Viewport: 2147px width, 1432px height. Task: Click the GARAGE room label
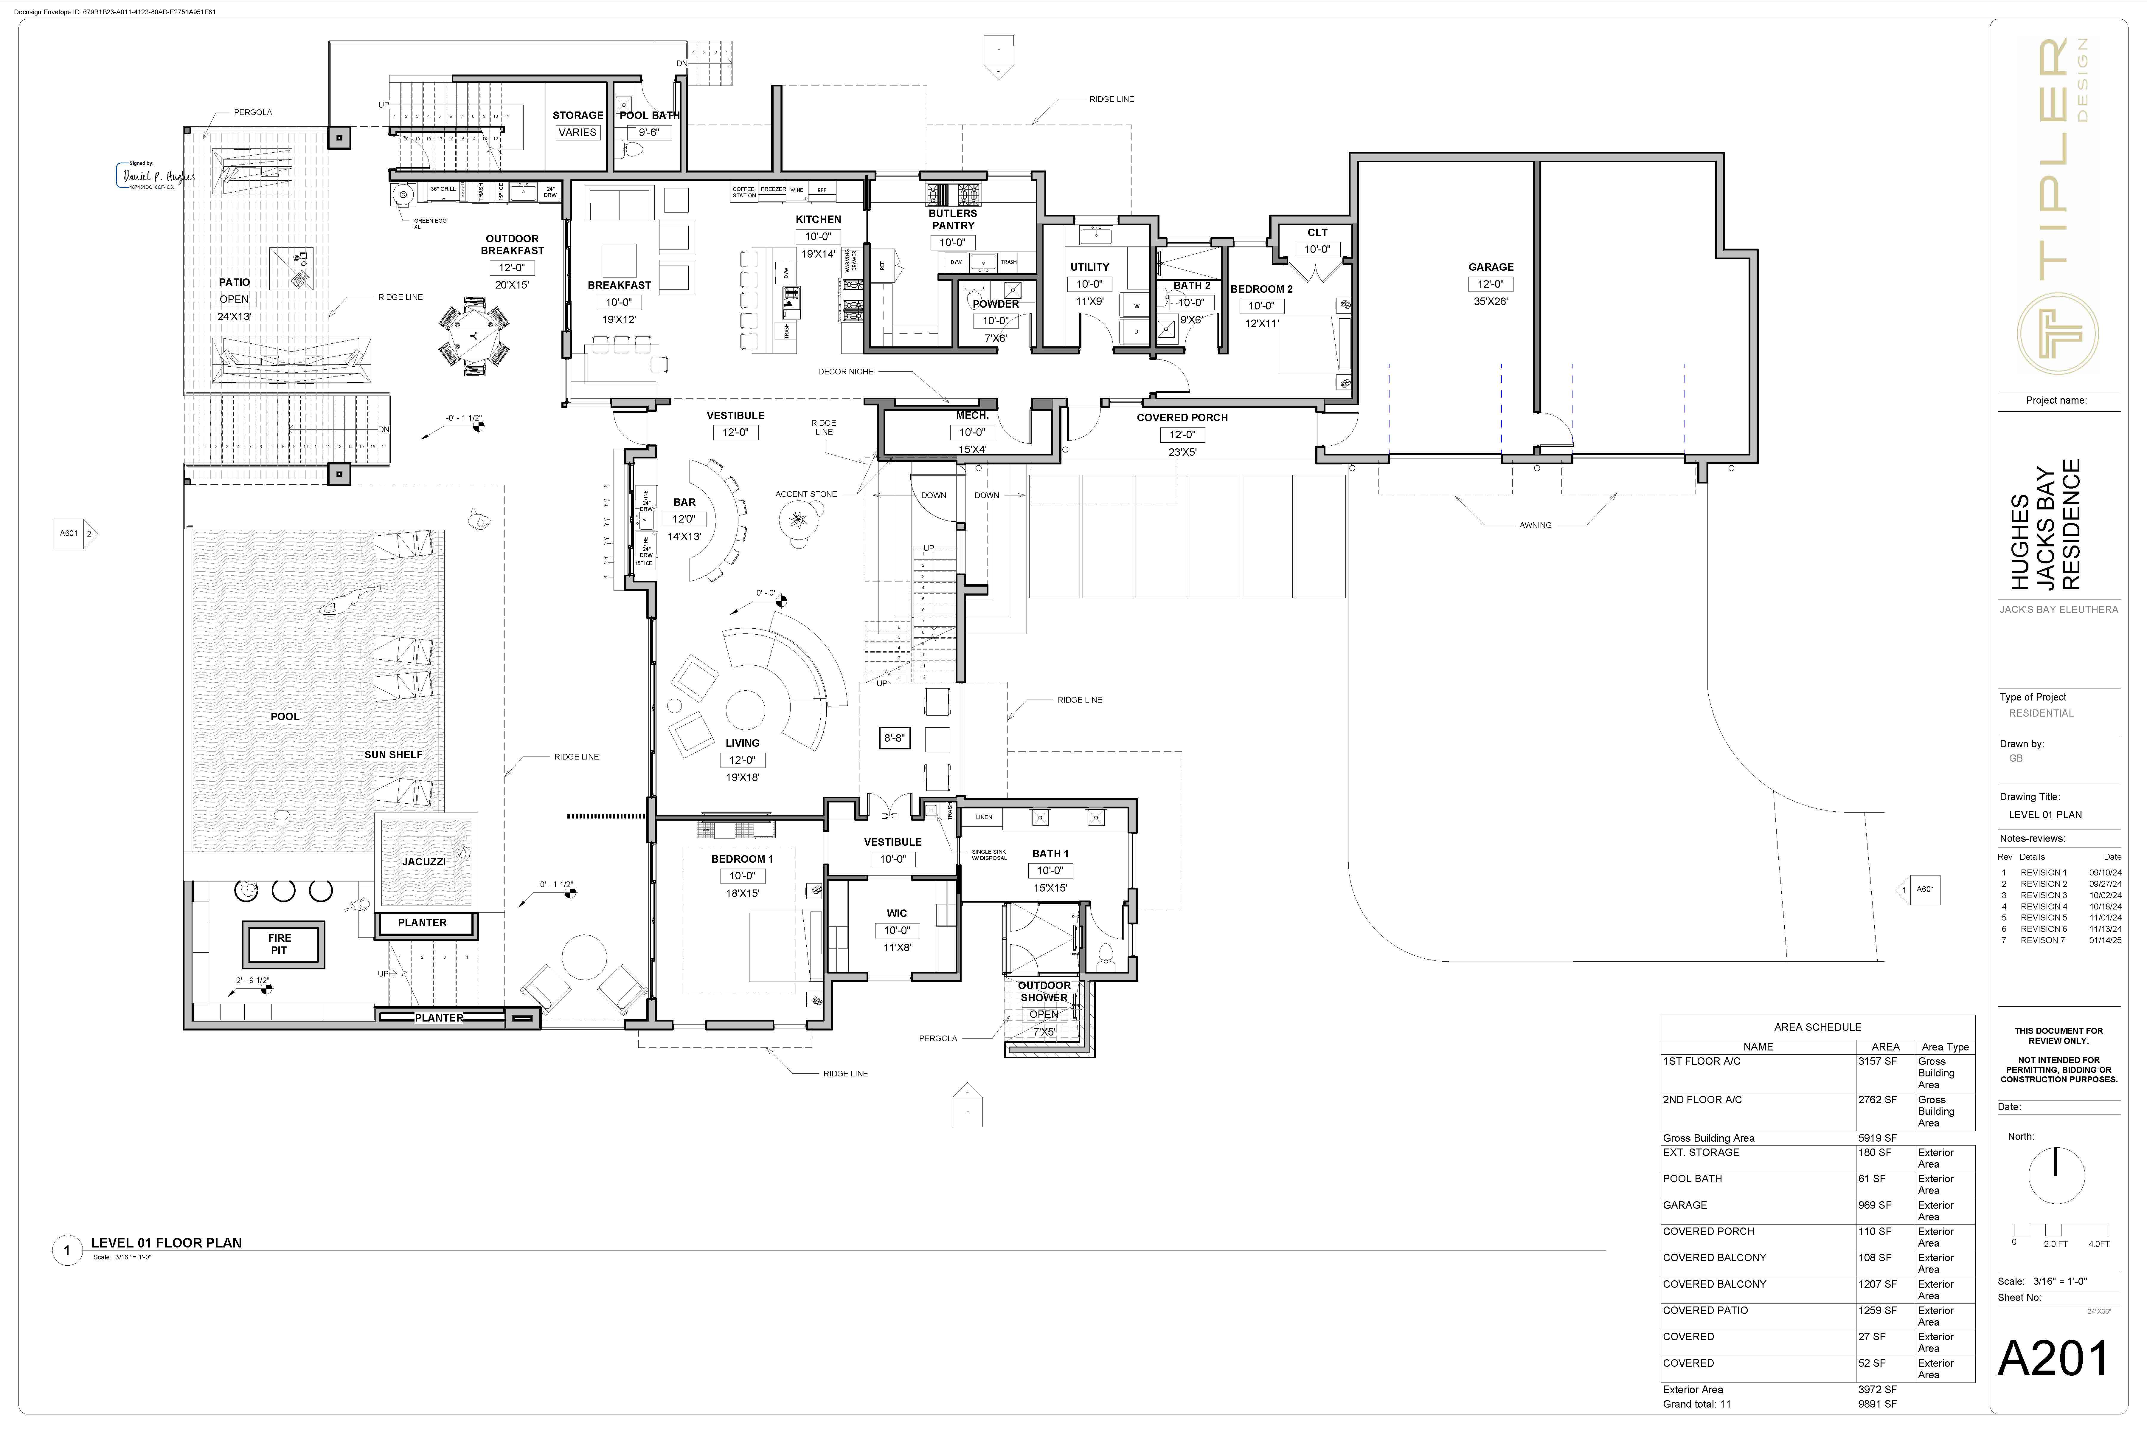[1491, 267]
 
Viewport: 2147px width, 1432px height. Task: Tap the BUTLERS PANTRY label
[952, 219]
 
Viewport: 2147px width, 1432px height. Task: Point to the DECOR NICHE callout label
[845, 372]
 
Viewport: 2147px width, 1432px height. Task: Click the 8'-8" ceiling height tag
[894, 738]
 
